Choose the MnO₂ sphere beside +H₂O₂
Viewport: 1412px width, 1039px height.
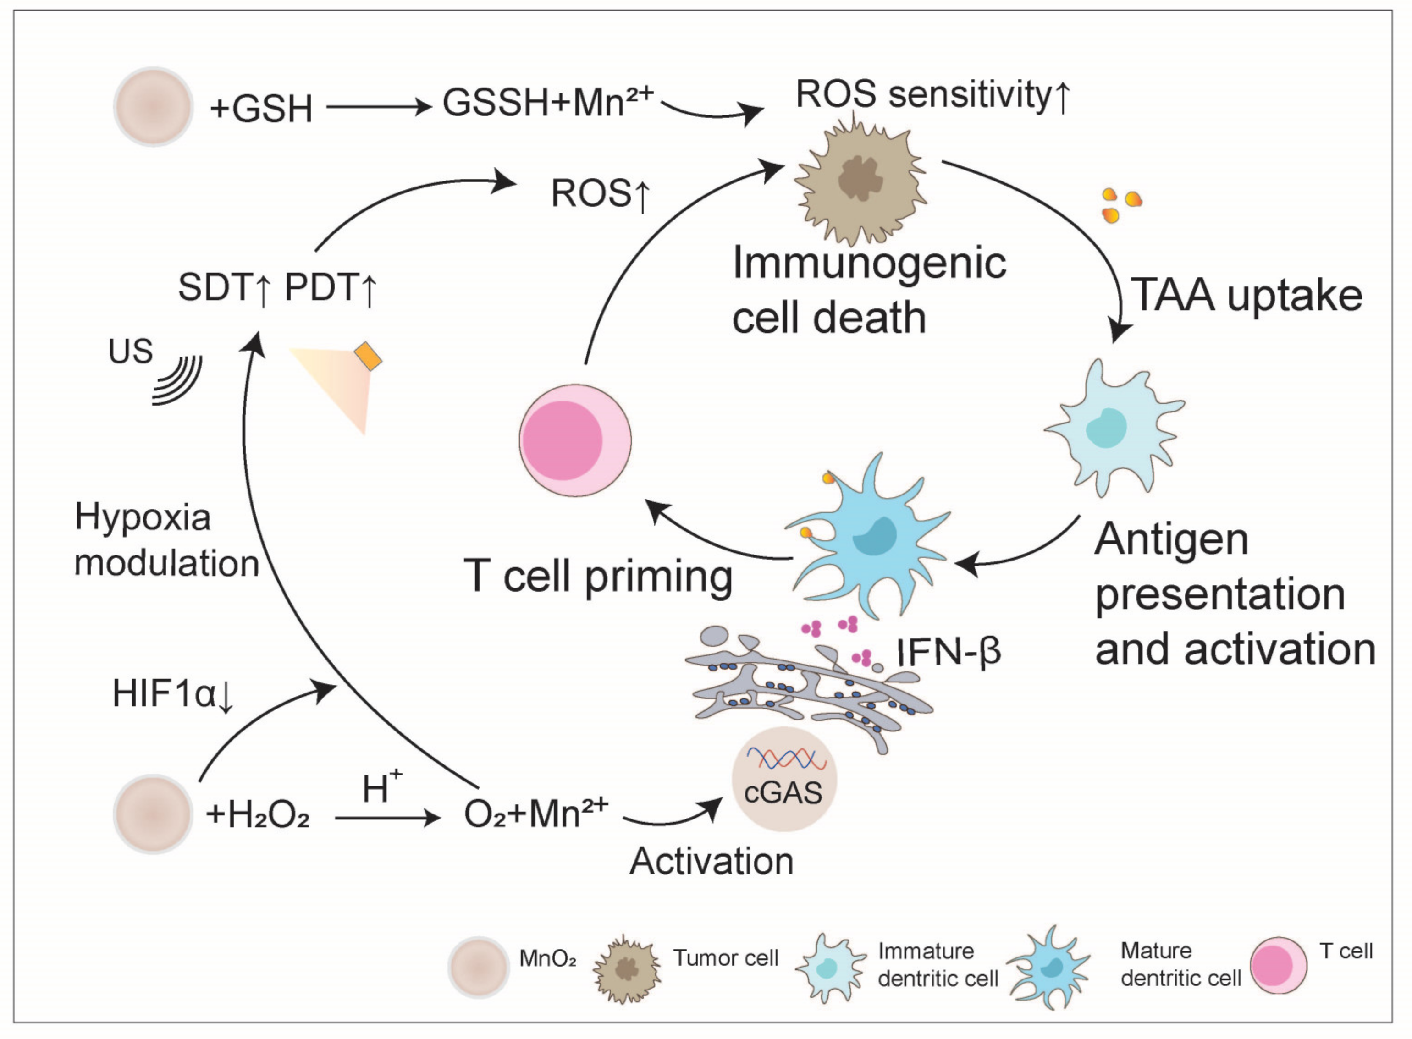click(153, 814)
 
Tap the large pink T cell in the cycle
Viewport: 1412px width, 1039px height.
click(575, 440)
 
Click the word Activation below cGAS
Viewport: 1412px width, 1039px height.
click(712, 861)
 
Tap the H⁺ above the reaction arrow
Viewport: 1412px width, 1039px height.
click(381, 787)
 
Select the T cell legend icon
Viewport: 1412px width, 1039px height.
click(1278, 965)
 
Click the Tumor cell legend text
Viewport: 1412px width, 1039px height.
click(726, 958)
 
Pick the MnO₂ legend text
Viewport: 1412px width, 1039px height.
click(547, 958)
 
